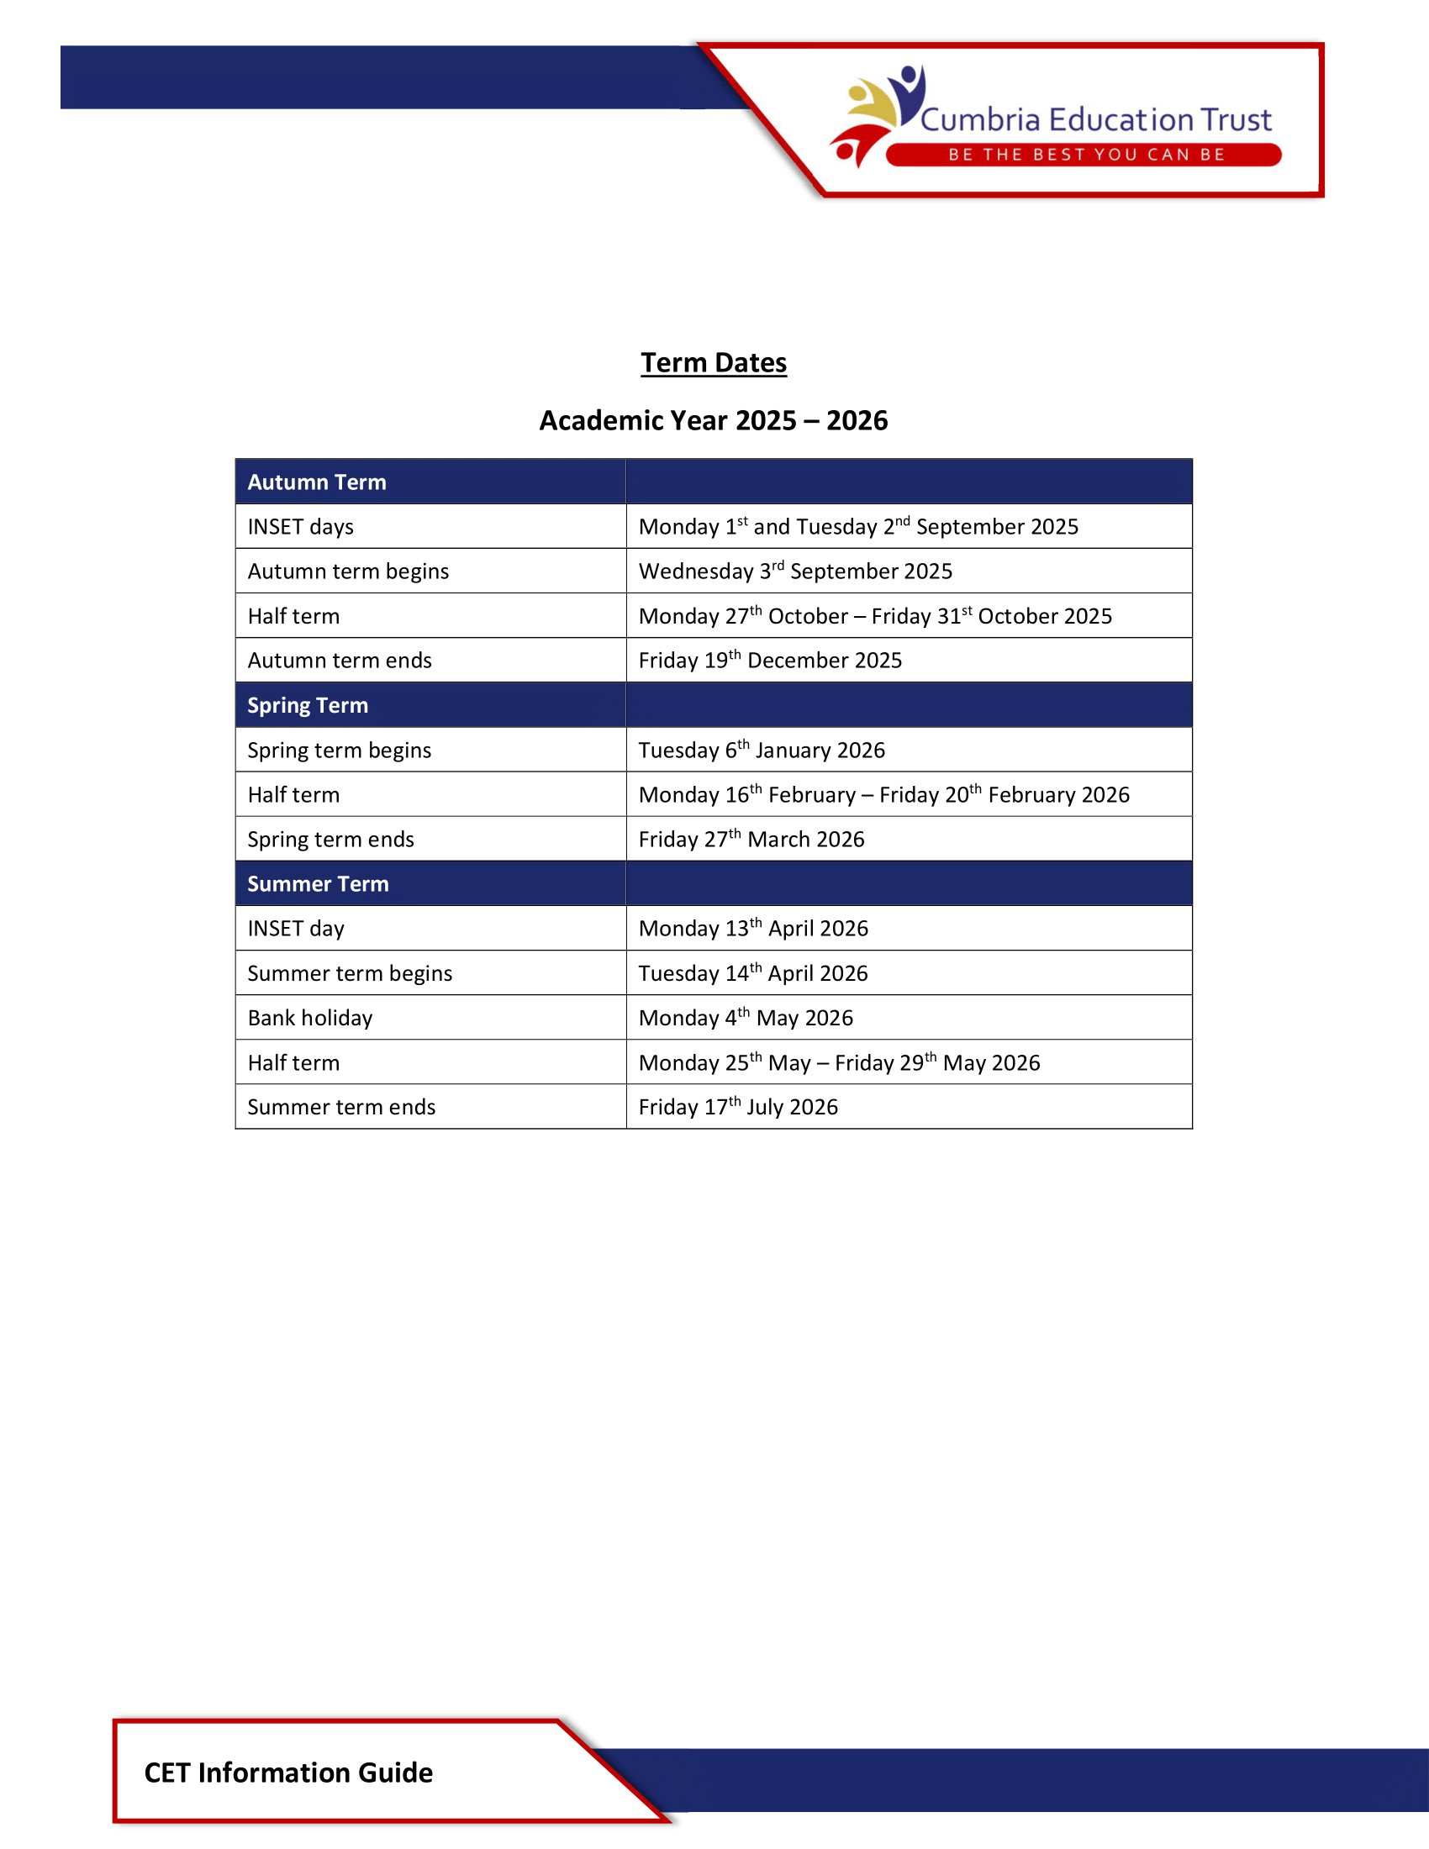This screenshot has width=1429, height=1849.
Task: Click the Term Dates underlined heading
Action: pos(714,363)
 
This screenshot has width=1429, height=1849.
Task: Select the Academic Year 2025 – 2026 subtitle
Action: pos(714,421)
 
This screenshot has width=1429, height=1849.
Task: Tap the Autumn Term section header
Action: pos(317,482)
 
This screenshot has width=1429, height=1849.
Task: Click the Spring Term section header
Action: pos(308,705)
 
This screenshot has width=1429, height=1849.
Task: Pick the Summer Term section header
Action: pos(318,884)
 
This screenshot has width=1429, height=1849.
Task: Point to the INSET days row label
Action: pos(301,528)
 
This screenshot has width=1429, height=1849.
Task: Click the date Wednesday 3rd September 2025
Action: pos(795,572)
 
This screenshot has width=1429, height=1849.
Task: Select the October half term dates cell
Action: pos(874,616)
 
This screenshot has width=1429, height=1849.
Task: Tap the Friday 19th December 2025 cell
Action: pos(769,661)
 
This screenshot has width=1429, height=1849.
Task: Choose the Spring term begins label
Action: pos(339,751)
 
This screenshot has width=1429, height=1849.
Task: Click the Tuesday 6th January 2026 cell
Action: pos(761,751)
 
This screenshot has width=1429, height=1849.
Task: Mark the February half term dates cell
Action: pos(883,795)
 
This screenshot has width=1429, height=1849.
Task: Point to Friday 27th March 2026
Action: pos(751,840)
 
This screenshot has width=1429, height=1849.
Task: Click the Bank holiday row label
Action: pos(310,1019)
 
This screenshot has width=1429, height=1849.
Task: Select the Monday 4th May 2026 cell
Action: pos(745,1019)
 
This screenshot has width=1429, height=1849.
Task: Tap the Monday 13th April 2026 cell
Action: pos(752,929)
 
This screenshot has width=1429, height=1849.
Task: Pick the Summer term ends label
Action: pos(341,1108)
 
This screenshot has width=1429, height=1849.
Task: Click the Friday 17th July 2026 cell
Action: pos(737,1108)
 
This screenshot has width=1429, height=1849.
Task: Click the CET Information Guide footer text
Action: pos(287,1773)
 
